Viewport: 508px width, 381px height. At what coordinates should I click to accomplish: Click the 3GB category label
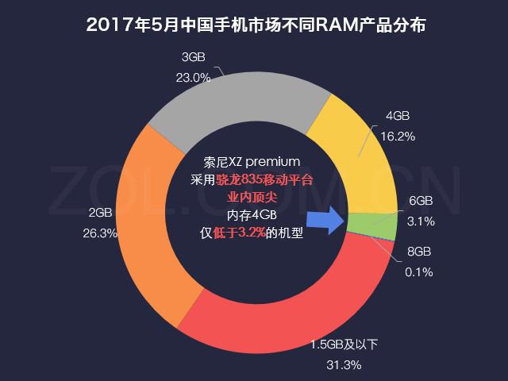click(x=194, y=57)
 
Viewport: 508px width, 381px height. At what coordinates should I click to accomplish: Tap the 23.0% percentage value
click(x=194, y=78)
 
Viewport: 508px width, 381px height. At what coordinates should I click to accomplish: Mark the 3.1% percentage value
click(x=421, y=221)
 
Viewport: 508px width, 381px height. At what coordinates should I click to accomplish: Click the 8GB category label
click(x=418, y=252)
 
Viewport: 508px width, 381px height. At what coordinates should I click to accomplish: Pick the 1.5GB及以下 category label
click(x=345, y=344)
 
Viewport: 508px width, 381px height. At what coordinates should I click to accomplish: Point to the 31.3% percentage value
click(x=344, y=365)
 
